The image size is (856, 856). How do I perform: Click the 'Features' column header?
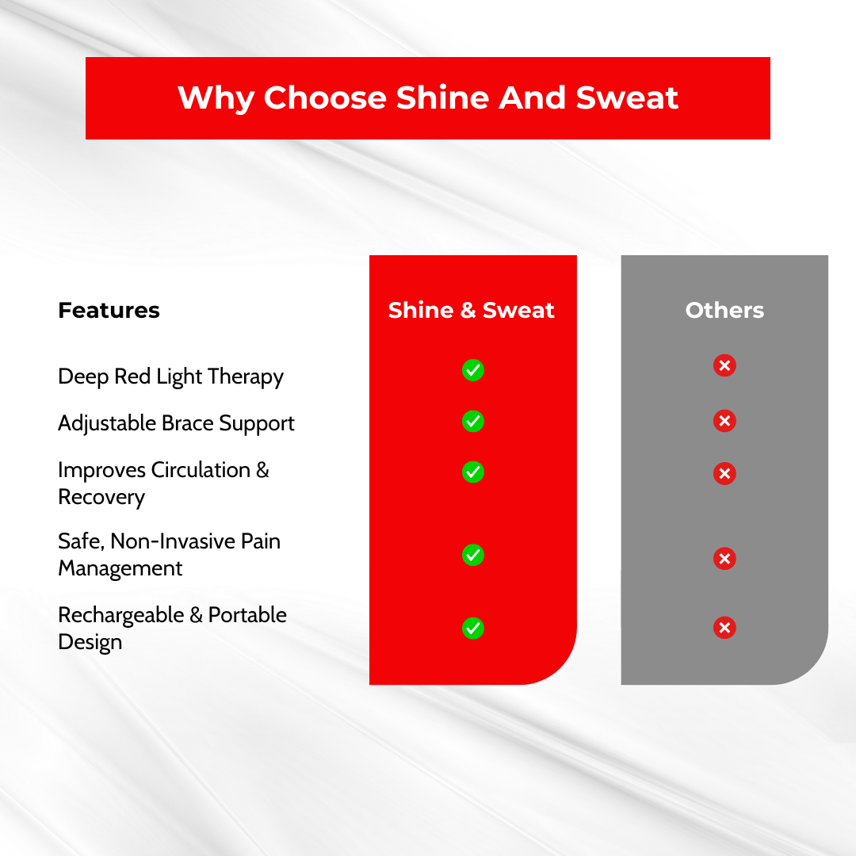point(109,310)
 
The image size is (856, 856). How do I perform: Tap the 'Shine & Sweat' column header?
point(471,310)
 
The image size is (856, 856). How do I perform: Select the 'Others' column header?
point(724,310)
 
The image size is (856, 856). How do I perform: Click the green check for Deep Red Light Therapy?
point(472,370)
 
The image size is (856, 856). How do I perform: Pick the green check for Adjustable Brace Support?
point(472,421)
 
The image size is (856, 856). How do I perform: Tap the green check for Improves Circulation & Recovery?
point(472,472)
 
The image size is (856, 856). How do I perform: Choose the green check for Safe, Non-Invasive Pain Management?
point(472,555)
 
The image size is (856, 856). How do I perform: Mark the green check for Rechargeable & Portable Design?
point(472,628)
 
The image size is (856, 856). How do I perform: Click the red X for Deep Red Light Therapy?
point(724,365)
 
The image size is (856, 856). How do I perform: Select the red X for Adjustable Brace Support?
point(724,420)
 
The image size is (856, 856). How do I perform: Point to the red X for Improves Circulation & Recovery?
point(724,472)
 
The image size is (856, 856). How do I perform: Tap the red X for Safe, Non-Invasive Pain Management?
point(724,558)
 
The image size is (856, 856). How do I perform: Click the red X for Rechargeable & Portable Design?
point(724,627)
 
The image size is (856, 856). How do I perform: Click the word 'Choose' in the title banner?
point(326,97)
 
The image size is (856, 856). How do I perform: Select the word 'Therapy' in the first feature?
point(246,377)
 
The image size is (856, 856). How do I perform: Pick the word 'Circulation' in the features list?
point(201,470)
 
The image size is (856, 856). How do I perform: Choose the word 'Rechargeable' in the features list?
point(120,616)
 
